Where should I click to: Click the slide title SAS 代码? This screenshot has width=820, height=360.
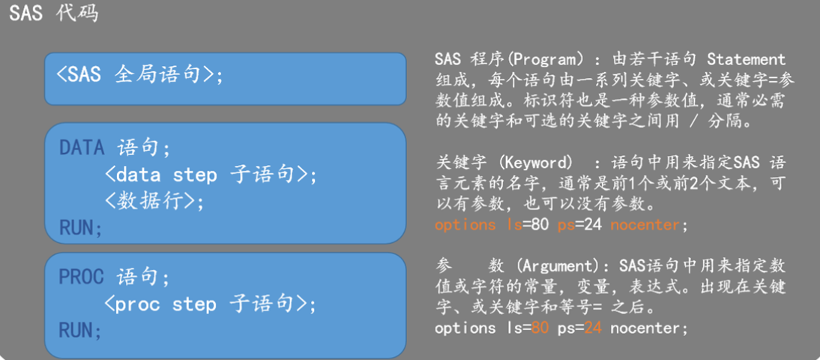pos(53,13)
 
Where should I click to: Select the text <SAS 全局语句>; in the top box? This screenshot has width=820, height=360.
pos(139,75)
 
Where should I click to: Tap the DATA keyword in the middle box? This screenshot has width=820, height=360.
pos(82,147)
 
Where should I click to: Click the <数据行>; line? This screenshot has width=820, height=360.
pos(154,201)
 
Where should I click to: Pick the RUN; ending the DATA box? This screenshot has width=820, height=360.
pos(80,226)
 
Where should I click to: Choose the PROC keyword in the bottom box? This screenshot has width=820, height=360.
pos(82,277)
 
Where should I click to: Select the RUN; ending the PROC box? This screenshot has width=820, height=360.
pos(80,330)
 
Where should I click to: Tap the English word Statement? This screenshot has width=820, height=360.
pos(746,59)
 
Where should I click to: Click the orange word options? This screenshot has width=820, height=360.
pos(465,225)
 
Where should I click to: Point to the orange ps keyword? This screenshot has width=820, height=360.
pos(564,225)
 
